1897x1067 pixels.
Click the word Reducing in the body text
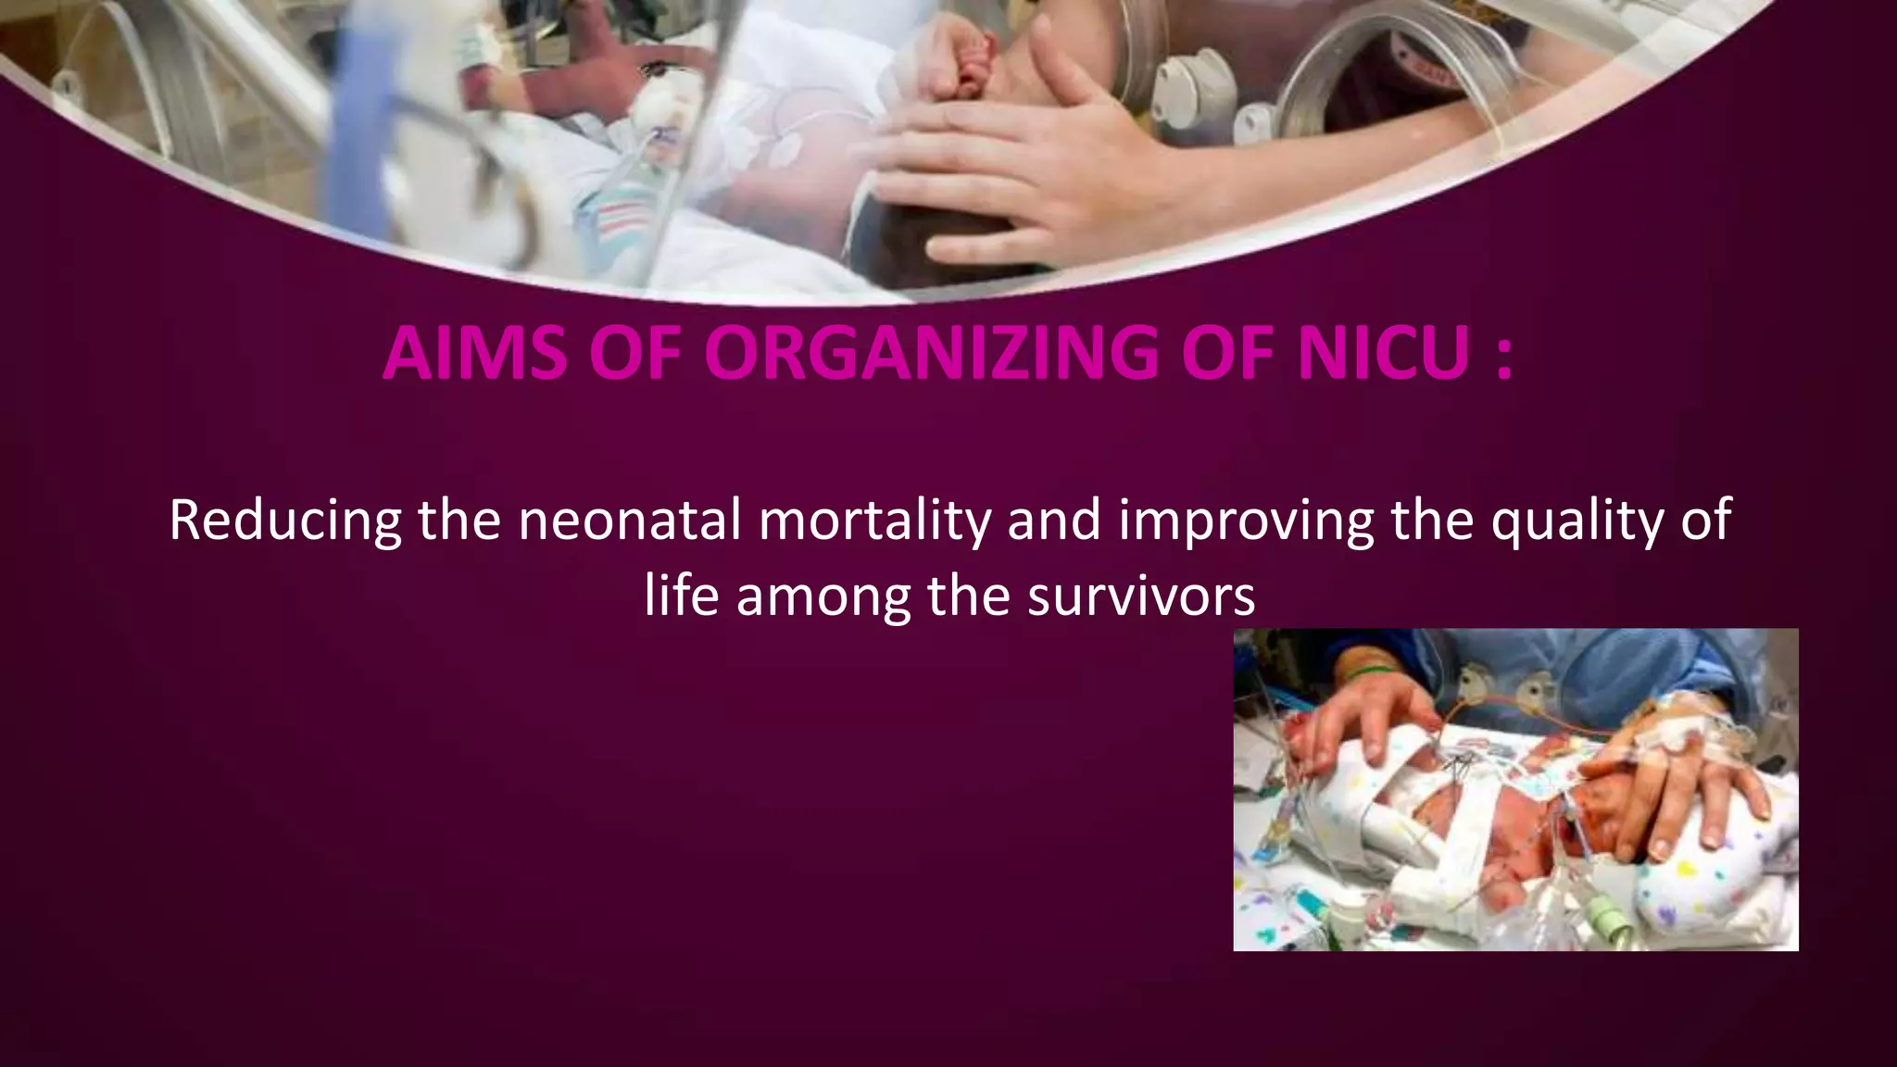284,521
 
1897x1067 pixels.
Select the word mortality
874,521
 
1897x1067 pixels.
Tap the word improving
1246,521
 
